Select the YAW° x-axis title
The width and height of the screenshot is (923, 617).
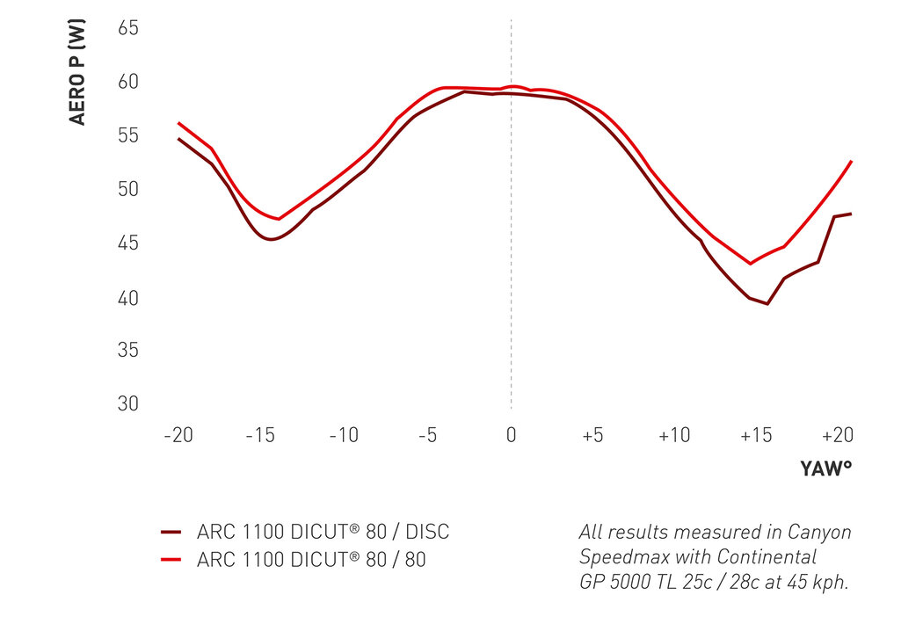[826, 468]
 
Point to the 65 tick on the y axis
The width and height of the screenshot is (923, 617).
[127, 28]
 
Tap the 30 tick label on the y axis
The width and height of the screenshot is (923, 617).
[127, 404]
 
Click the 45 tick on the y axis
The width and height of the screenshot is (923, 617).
[127, 243]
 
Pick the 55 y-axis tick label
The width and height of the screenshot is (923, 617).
[127, 136]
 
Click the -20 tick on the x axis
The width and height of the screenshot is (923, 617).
[178, 435]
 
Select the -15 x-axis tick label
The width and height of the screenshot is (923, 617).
[261, 435]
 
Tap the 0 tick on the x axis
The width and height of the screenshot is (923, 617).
[511, 435]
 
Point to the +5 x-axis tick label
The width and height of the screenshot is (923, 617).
[592, 435]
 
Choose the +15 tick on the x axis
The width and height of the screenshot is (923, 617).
[756, 435]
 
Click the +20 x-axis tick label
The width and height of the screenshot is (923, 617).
[838, 435]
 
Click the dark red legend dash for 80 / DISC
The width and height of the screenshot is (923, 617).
[171, 533]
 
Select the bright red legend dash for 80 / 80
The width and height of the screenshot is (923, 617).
[171, 560]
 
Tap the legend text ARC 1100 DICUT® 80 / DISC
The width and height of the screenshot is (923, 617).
[323, 533]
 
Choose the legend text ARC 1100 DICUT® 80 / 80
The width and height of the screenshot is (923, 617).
[311, 560]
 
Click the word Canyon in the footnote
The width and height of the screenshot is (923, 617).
[819, 533]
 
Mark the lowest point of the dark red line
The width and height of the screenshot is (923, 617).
[767, 304]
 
